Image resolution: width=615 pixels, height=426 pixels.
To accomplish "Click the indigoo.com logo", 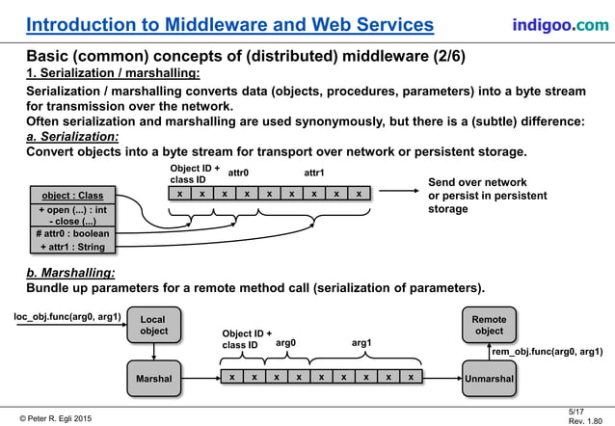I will (560, 23).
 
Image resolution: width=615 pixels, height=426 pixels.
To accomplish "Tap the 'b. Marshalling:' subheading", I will (69, 273).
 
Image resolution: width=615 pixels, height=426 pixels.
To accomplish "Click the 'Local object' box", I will (153, 325).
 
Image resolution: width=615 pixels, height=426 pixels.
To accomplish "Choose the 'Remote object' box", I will (489, 325).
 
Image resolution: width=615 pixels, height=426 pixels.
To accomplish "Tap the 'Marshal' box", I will (153, 379).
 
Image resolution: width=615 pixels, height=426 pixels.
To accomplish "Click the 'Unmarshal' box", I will (489, 379).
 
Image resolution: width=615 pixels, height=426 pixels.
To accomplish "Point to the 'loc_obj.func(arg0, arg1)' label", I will (67, 315).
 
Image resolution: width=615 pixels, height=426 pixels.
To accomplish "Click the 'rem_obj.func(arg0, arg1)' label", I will (547, 353).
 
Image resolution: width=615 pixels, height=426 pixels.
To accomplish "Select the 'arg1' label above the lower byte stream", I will (362, 341).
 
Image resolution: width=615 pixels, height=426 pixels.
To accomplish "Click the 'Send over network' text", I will (478, 182).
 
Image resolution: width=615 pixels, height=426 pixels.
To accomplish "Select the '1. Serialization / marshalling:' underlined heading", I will (113, 73).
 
